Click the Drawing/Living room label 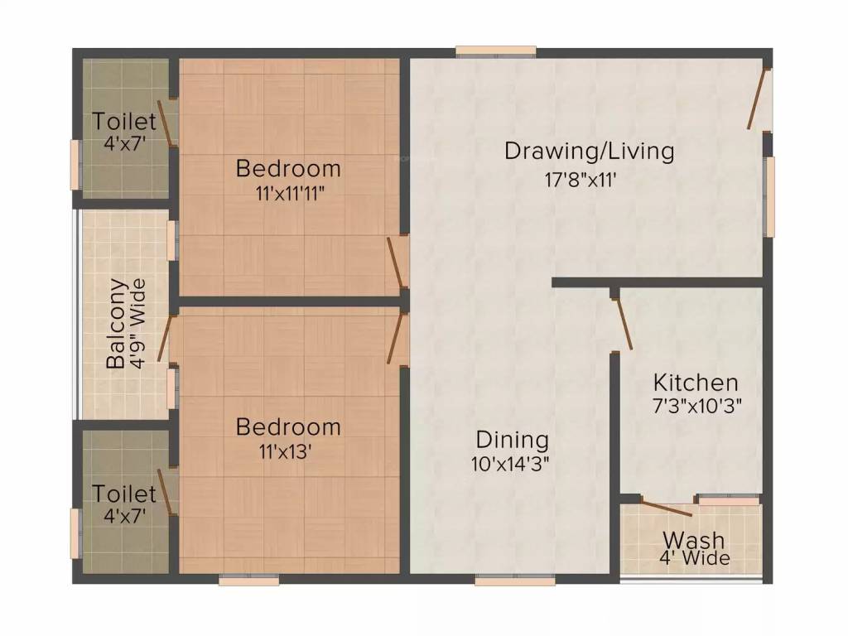(x=589, y=152)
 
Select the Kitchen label (x=696, y=383)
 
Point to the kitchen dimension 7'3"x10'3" (x=696, y=407)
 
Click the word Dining (x=512, y=439)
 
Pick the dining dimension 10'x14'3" (x=511, y=463)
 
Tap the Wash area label (x=693, y=540)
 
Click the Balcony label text (x=117, y=324)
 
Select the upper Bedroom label (x=288, y=168)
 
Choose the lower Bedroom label (x=288, y=426)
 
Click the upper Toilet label (x=123, y=122)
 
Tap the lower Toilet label (x=123, y=494)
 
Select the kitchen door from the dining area (x=623, y=323)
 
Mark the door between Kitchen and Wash (x=667, y=508)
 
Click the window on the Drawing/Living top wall (x=495, y=51)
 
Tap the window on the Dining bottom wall (x=503, y=581)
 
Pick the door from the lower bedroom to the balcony (x=165, y=337)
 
